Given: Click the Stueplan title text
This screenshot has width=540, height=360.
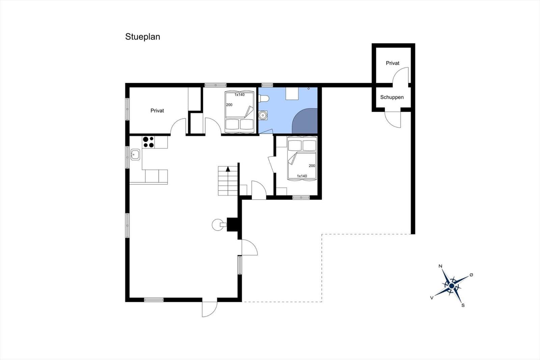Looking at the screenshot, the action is pyautogui.click(x=142, y=37).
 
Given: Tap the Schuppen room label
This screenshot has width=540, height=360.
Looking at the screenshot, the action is pyautogui.click(x=392, y=97).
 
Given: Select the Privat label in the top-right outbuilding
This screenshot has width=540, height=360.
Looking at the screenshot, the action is pyautogui.click(x=393, y=63).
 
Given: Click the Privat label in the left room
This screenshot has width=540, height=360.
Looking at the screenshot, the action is pyautogui.click(x=157, y=111).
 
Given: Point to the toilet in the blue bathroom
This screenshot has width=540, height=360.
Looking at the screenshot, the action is pyautogui.click(x=264, y=99).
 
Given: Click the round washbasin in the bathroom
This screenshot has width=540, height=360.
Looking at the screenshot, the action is pyautogui.click(x=263, y=115).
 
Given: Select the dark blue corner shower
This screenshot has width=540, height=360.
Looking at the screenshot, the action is pyautogui.click(x=305, y=121).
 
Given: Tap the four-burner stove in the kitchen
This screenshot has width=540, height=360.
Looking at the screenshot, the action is pyautogui.click(x=148, y=142).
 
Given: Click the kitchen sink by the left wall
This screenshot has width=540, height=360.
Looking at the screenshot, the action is pyautogui.click(x=135, y=154).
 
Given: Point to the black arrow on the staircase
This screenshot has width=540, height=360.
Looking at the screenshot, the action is pyautogui.click(x=228, y=169).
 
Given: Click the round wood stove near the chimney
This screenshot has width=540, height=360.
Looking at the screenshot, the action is pyautogui.click(x=218, y=225).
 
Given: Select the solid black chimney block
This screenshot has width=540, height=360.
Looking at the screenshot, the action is pyautogui.click(x=233, y=225).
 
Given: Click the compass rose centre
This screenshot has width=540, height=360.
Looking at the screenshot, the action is pyautogui.click(x=452, y=286).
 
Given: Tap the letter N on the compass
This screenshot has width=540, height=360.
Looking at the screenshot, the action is pyautogui.click(x=440, y=266).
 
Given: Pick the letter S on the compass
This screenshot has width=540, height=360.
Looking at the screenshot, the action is pyautogui.click(x=463, y=306).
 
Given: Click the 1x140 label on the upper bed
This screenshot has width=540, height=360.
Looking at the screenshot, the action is pyautogui.click(x=239, y=95).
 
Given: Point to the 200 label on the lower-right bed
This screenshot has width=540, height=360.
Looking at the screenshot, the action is pyautogui.click(x=312, y=166).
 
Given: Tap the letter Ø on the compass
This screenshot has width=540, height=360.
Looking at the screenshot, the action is pyautogui.click(x=471, y=275).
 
